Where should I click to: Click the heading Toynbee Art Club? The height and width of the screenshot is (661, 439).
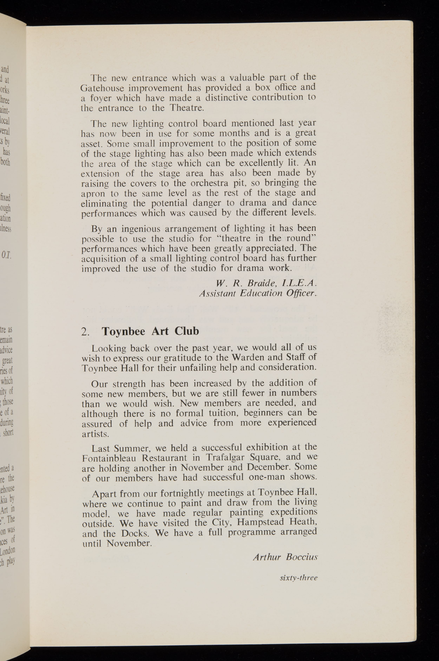click(x=150, y=331)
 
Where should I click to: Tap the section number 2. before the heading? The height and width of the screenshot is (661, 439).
click(x=85, y=332)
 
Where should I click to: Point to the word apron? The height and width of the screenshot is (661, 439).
click(x=93, y=194)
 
